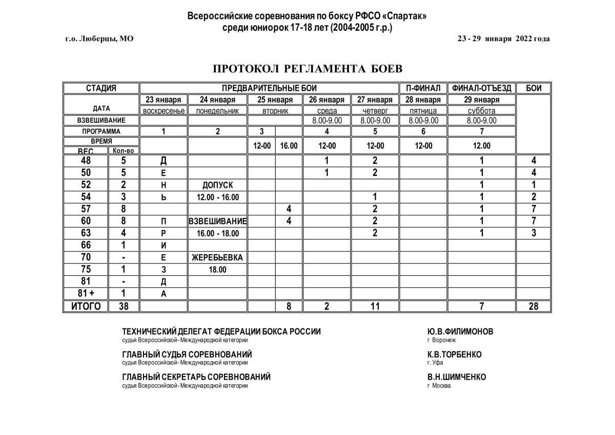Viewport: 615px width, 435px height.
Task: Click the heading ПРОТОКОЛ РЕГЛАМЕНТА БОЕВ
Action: coord(307,69)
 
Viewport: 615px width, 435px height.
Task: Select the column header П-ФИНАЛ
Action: coord(423,88)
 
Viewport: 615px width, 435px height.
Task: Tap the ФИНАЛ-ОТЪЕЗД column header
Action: coord(481,88)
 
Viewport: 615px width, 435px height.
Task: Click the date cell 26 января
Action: coord(327,99)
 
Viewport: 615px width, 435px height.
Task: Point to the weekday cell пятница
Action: coord(423,110)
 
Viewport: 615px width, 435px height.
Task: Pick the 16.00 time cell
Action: coord(289,146)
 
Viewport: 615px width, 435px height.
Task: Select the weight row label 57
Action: coord(86,209)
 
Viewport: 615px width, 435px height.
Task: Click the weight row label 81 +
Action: coord(86,294)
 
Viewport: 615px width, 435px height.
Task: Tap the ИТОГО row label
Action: coord(86,306)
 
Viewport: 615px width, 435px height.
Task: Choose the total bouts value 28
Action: coord(534,306)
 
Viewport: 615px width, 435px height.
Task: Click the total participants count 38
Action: coord(123,306)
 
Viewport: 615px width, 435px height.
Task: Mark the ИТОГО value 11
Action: coord(375,306)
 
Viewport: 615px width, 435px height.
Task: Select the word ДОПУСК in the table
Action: coord(217,185)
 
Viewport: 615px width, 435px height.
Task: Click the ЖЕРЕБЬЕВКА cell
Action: coord(217,257)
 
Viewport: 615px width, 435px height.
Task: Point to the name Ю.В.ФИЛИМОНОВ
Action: coord(460,332)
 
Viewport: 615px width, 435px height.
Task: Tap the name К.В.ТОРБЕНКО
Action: coord(454,355)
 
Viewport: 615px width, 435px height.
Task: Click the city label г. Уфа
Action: coord(435,363)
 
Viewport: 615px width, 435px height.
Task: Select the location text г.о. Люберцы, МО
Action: coord(99,38)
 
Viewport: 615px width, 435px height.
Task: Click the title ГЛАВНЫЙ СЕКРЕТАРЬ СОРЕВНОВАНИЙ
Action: coord(196,377)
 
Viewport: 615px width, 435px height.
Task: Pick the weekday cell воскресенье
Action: coord(163,110)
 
